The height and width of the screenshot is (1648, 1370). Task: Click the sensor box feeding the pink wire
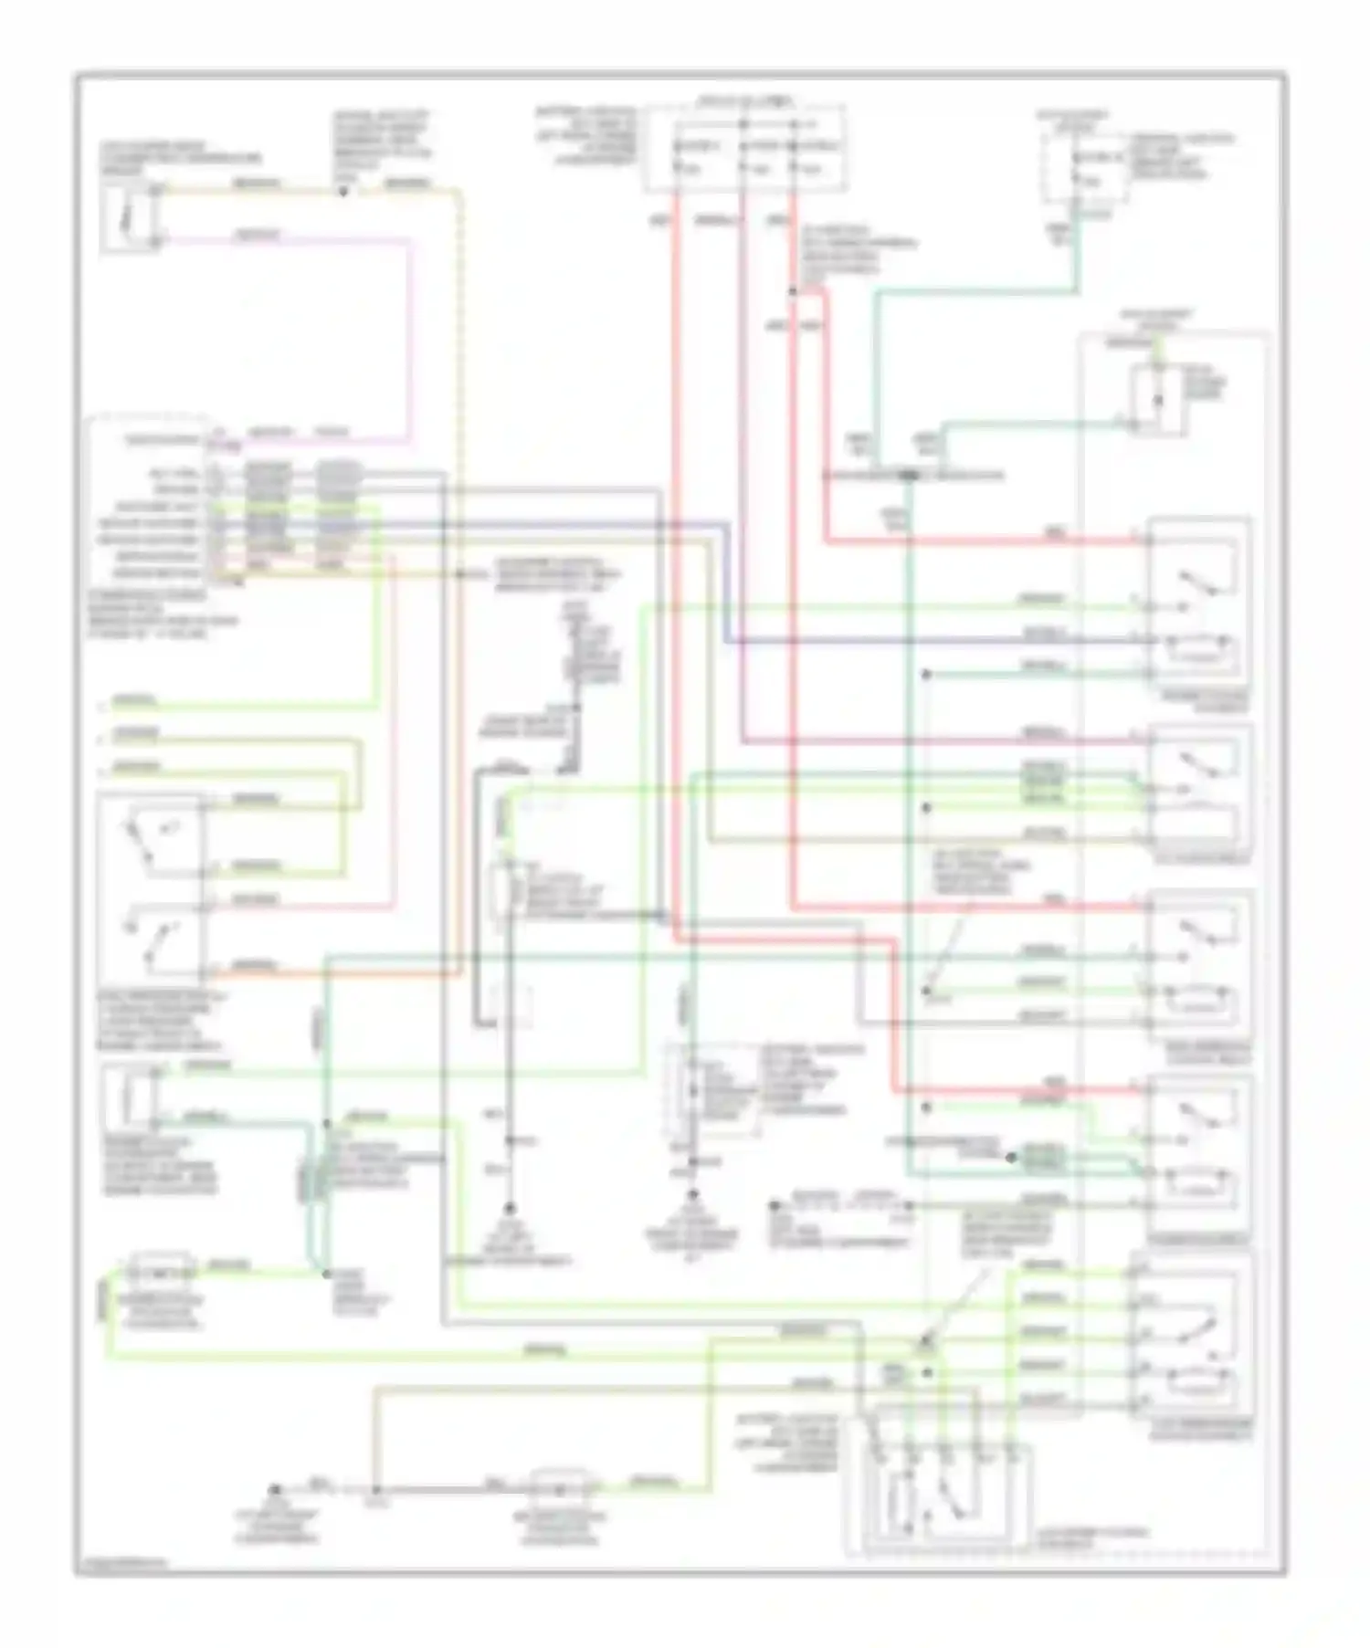pos(127,217)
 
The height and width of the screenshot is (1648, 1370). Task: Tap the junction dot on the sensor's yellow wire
pos(343,192)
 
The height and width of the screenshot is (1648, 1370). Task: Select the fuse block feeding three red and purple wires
pos(743,148)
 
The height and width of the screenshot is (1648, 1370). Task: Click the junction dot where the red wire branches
pos(793,292)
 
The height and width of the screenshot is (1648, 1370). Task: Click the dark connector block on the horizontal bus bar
pos(909,475)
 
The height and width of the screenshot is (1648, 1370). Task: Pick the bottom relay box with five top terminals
pos(941,1497)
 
